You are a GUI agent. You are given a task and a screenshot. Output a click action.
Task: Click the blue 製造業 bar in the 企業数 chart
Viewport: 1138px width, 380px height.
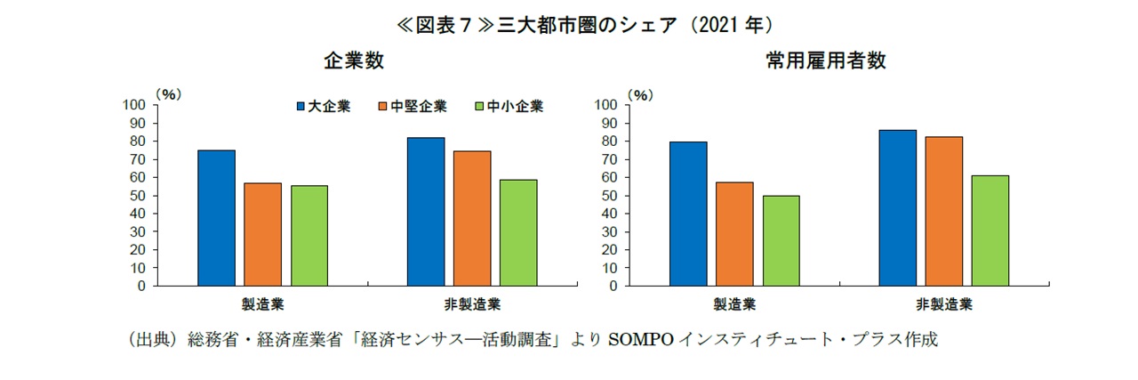(x=216, y=218)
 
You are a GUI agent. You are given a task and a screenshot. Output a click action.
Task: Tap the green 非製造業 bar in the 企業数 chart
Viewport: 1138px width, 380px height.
(x=517, y=232)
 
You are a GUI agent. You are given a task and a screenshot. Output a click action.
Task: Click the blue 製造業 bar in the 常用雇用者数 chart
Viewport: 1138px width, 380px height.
(x=688, y=214)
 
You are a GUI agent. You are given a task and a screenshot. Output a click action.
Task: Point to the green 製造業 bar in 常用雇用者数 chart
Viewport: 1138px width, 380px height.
(x=781, y=240)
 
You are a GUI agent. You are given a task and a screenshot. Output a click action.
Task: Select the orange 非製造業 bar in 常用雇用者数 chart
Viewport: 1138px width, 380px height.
(x=943, y=211)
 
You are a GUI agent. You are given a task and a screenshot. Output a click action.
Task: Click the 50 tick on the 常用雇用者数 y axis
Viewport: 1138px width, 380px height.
(x=608, y=196)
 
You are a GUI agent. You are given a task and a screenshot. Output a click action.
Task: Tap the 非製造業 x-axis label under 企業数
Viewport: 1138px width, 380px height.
(x=472, y=304)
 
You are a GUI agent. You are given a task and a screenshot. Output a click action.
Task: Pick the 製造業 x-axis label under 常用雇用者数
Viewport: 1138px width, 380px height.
(x=734, y=304)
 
